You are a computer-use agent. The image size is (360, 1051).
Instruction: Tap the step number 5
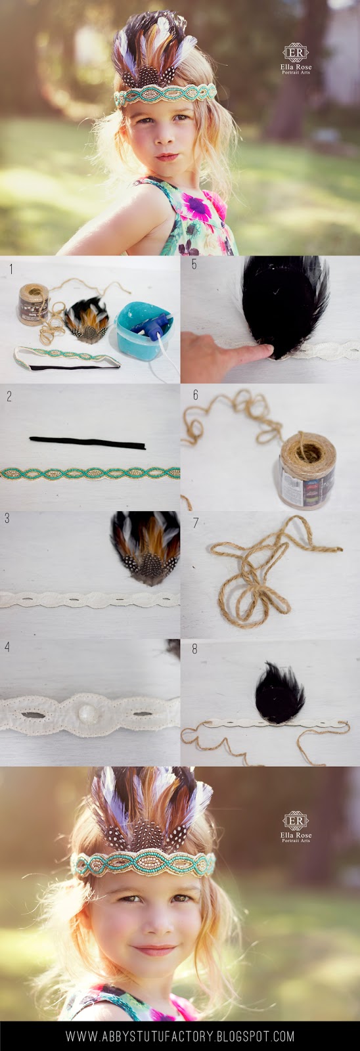point(194,264)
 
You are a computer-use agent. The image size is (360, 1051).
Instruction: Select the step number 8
point(194,649)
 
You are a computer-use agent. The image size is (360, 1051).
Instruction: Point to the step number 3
point(7,518)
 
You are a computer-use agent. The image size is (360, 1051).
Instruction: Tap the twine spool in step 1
point(34,304)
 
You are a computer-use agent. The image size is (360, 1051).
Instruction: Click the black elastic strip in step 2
point(87,442)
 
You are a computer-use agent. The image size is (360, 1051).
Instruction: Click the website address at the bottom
point(180,1035)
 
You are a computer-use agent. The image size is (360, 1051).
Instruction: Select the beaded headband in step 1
point(66,357)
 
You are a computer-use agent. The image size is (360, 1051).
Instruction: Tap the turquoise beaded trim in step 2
point(90,474)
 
